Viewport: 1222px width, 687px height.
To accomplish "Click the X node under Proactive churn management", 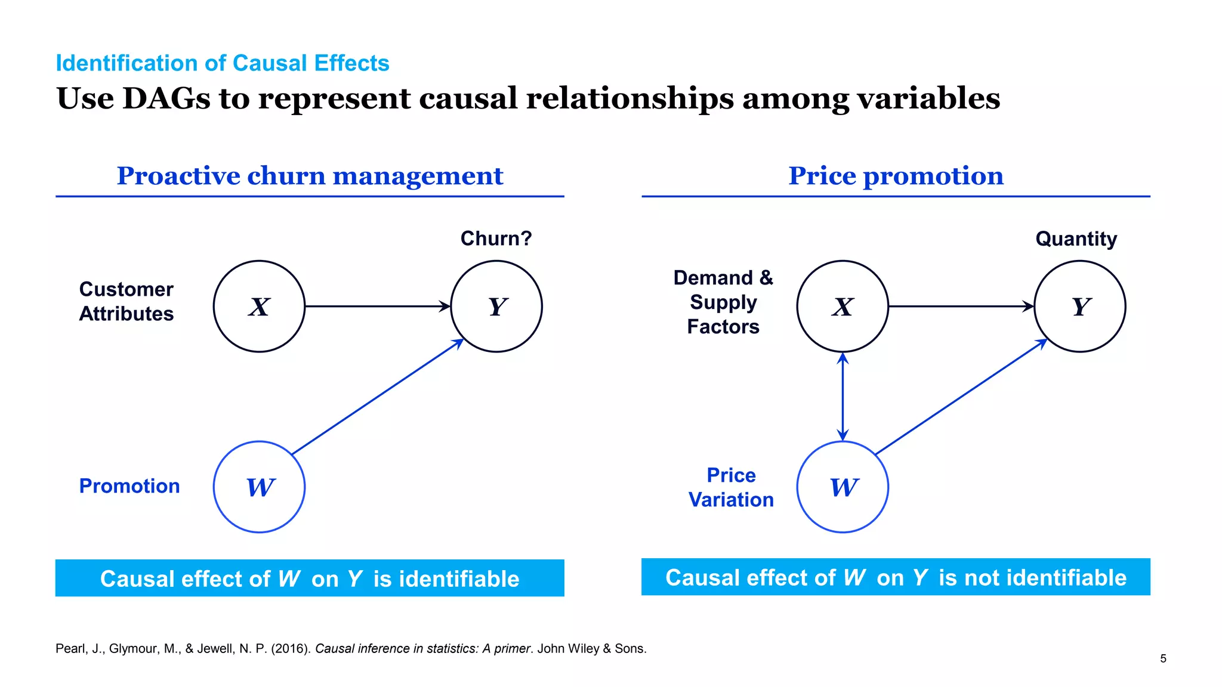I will pos(259,306).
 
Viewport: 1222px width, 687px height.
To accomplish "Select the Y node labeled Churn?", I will pos(496,306).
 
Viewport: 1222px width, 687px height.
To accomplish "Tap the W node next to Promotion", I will pos(259,487).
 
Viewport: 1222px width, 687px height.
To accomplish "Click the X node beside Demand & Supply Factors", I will pos(843,306).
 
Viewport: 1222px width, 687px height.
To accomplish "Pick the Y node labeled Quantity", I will pos(1079,306).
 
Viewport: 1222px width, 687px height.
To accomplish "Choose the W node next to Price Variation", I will pos(843,487).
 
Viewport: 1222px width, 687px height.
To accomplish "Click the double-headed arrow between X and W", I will pos(843,397).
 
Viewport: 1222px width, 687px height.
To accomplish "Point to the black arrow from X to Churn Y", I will pos(376,306).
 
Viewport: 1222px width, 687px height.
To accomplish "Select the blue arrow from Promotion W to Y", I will pos(377,397).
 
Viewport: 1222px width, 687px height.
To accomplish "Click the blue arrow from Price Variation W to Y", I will pos(961,397).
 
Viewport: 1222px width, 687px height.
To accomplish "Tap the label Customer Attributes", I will pos(126,301).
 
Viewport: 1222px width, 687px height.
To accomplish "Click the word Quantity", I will pos(1076,239).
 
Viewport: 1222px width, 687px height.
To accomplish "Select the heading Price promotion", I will pos(896,176).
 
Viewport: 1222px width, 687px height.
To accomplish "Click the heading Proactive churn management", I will pos(310,176).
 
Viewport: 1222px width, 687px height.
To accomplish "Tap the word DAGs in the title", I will pos(166,98).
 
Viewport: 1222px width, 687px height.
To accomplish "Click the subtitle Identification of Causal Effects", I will pos(222,63).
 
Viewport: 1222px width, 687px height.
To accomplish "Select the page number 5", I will pos(1163,658).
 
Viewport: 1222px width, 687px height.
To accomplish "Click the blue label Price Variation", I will pos(731,487).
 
